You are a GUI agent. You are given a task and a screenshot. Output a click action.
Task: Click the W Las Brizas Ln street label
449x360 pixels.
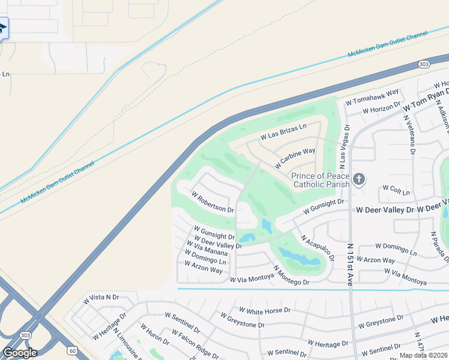(x=283, y=132)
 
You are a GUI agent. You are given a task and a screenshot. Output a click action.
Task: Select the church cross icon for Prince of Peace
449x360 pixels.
(x=358, y=179)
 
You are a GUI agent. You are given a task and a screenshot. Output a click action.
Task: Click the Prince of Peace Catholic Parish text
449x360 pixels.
(x=320, y=180)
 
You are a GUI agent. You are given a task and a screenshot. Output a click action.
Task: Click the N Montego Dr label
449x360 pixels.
(x=291, y=276)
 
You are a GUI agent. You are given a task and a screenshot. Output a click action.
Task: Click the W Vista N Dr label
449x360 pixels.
(x=101, y=297)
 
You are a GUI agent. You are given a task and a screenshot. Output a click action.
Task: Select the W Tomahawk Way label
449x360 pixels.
(x=372, y=97)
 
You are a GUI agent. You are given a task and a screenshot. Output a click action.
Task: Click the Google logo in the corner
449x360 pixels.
(x=20, y=353)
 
